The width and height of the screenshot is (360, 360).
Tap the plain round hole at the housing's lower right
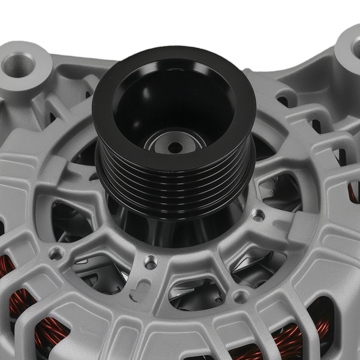coord(241,296)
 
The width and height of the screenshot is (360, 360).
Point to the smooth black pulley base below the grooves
coord(174,225)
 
